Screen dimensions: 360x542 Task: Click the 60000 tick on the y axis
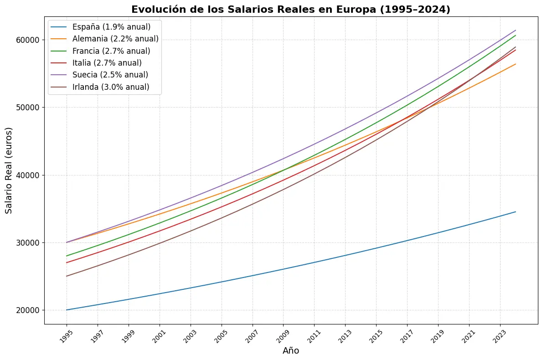coord(28,40)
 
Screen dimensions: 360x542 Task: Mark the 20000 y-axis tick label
coord(28,310)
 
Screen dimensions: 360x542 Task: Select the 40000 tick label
coord(28,175)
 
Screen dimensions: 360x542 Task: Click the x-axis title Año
coord(291,351)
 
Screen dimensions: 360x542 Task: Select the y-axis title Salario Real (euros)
coord(9,170)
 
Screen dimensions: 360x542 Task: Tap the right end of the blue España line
coord(516,212)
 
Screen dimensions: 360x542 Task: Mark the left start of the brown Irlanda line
coord(67,276)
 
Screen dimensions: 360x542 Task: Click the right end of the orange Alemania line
coord(516,64)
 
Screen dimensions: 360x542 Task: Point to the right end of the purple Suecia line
coord(516,31)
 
